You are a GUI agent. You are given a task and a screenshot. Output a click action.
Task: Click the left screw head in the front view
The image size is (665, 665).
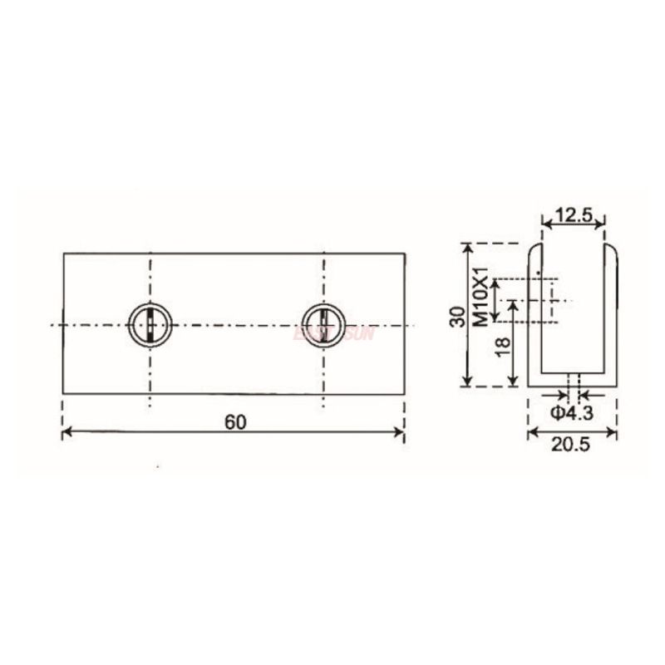pos(150,323)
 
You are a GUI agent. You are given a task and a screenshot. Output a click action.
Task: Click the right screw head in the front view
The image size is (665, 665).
pos(323,323)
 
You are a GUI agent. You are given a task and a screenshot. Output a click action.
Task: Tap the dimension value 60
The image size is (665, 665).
pos(234,421)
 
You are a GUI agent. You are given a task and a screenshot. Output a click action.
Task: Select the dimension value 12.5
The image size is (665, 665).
pos(573,215)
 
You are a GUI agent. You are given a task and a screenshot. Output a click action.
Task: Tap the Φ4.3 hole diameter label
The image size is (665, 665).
pos(572,413)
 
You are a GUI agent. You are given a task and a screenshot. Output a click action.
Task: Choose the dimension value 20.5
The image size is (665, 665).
pos(572,446)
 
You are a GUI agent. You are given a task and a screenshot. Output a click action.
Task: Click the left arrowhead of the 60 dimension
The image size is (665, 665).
pos(67,432)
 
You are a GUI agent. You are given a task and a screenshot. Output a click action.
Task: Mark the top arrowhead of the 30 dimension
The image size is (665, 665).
pos(468,247)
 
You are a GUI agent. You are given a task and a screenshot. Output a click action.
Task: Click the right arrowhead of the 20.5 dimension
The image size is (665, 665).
pos(613,432)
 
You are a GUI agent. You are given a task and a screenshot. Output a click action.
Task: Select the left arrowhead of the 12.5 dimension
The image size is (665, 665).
pos(546,223)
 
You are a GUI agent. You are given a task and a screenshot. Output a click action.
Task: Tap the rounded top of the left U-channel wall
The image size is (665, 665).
pos(535,247)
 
